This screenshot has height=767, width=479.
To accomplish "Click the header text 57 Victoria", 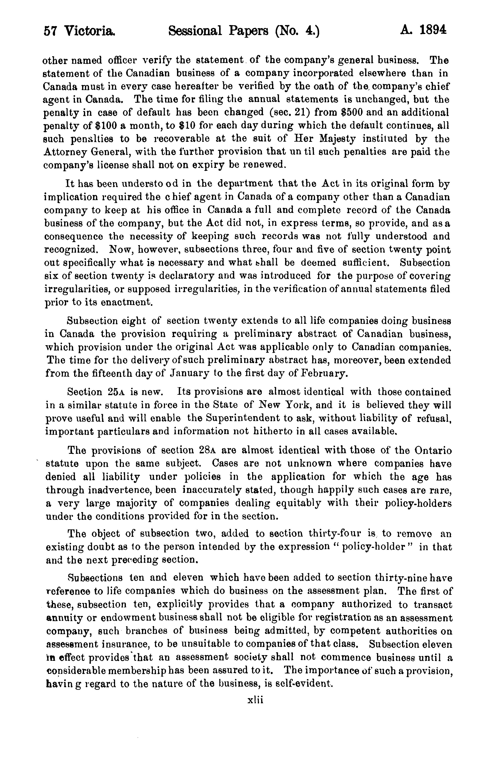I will tap(79, 31).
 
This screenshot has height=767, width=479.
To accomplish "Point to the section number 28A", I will tap(207, 450).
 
